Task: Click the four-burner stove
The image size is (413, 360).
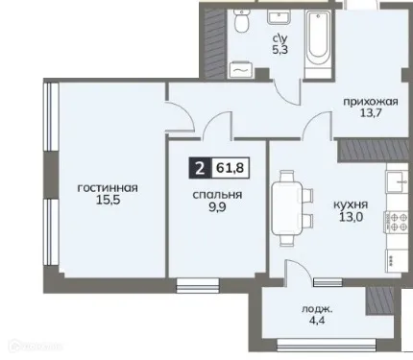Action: pyautogui.click(x=395, y=224)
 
